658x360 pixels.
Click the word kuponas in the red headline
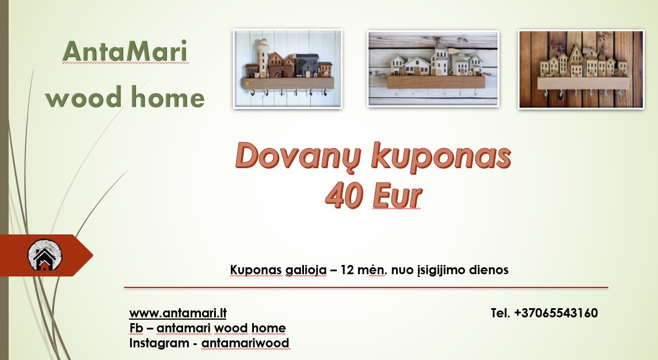[440, 156]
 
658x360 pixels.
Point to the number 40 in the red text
[344, 196]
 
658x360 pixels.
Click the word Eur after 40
[397, 196]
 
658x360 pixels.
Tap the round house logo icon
[45, 255]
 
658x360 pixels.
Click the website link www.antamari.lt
[177, 313]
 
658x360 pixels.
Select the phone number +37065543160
[556, 313]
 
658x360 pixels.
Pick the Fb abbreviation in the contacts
[136, 328]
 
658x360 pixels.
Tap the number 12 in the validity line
[347, 270]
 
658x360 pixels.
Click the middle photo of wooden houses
[433, 69]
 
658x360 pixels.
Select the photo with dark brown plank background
[581, 69]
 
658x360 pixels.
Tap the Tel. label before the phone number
[500, 313]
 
